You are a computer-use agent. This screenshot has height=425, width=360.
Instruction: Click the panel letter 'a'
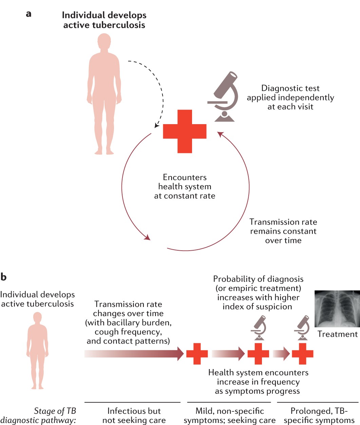(x=29, y=14)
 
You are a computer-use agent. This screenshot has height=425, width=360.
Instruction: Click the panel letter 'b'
(x=4, y=277)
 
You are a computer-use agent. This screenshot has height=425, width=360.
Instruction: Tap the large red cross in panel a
(x=185, y=131)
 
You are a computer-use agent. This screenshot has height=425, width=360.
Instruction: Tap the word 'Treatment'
(x=337, y=334)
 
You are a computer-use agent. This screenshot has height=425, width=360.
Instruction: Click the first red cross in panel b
(x=197, y=354)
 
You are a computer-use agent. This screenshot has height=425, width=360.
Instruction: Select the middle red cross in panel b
(x=258, y=354)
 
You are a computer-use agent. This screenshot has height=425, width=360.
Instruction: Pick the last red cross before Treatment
(x=302, y=354)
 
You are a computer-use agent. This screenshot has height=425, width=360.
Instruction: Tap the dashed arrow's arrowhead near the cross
(x=156, y=125)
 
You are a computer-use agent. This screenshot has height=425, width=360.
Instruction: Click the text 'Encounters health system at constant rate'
(x=185, y=187)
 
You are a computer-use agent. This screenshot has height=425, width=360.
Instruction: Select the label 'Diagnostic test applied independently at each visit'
(x=290, y=97)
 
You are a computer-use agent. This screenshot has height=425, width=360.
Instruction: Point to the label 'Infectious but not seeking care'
(x=134, y=416)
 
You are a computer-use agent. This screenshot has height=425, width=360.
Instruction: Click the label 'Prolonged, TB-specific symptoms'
(x=319, y=416)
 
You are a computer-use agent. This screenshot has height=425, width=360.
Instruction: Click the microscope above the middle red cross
(x=259, y=327)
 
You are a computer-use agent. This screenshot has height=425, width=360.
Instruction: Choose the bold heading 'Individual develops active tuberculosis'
(x=104, y=20)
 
